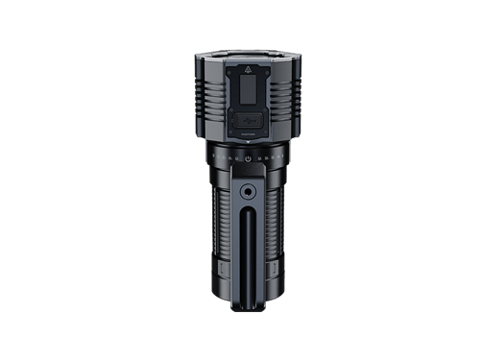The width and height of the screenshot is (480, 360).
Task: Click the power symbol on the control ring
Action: click(247, 157)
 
